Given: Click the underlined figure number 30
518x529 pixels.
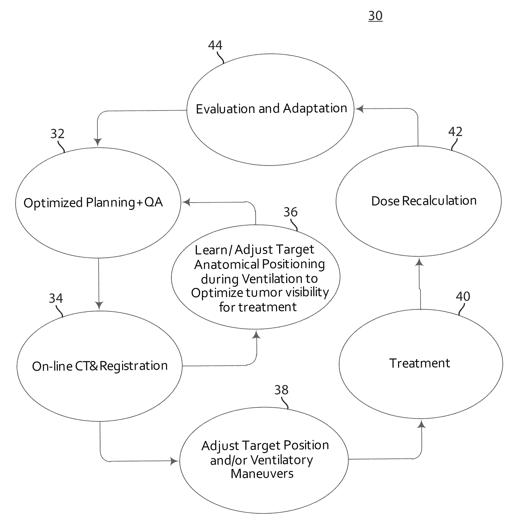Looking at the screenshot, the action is click(x=375, y=16).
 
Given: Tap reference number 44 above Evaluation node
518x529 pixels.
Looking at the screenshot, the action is click(x=215, y=45).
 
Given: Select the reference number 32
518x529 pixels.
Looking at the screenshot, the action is click(x=57, y=134).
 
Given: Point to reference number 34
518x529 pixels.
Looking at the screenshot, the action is click(x=56, y=298).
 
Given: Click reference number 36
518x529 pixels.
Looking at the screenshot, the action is click(x=290, y=212).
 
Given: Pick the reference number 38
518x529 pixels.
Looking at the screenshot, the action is click(x=281, y=390).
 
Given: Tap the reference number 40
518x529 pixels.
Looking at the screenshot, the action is click(x=463, y=296).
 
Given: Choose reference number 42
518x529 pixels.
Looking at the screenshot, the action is click(x=455, y=132).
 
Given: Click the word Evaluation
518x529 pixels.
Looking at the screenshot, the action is click(x=226, y=109).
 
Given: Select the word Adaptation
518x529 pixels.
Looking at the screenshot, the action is click(x=315, y=109).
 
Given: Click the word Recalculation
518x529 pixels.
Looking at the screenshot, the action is click(x=439, y=201).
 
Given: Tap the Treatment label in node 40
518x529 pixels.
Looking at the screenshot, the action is click(x=420, y=363).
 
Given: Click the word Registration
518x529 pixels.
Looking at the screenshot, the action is click(x=134, y=366).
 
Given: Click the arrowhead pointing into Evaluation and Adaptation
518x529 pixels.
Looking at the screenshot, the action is click(x=359, y=109).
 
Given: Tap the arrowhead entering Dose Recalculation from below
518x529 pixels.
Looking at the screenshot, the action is click(x=419, y=262).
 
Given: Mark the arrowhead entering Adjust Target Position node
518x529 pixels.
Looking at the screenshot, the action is click(x=175, y=461).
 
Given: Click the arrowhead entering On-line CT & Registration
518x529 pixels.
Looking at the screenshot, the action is click(x=99, y=305).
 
